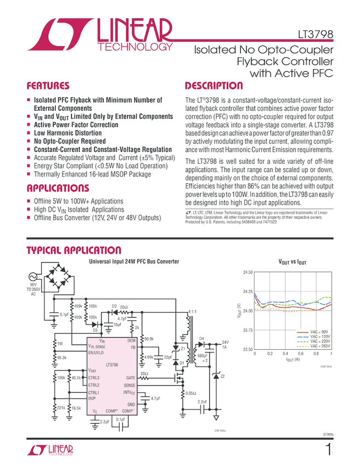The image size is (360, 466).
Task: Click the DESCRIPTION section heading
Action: (x=214, y=86)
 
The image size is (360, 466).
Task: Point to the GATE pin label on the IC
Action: (x=130, y=378)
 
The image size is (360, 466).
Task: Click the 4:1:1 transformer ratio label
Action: (x=192, y=312)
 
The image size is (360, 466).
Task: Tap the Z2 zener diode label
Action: (x=222, y=376)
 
